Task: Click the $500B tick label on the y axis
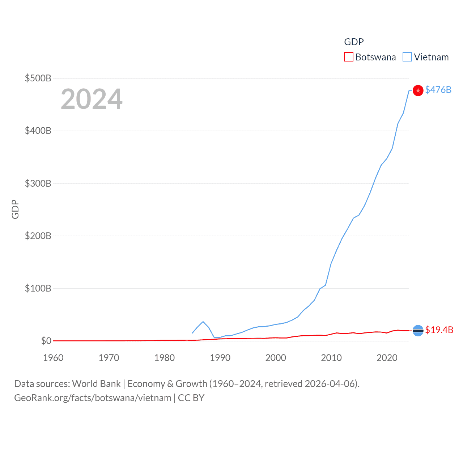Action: coord(38,78)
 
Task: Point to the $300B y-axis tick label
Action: coord(38,183)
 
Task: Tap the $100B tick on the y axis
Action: coord(38,288)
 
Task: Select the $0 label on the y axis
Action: coord(46,341)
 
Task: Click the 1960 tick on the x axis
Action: coord(53,358)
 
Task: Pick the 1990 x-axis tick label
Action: coord(220,358)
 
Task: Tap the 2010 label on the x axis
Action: coord(331,358)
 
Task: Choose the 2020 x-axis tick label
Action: coord(387,358)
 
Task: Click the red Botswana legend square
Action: coord(348,57)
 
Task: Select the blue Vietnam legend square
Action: coord(407,57)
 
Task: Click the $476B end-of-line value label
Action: coord(438,90)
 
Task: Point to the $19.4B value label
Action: coord(439,330)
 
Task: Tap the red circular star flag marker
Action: coord(418,90)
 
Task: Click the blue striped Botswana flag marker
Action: coord(418,331)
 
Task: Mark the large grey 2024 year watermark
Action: coord(92,99)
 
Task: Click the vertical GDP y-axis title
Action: coord(15,209)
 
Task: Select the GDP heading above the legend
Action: coord(354,42)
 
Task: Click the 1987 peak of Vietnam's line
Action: coord(203,322)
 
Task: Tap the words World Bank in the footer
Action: coord(96,384)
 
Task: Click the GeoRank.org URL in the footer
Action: coord(93,398)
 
